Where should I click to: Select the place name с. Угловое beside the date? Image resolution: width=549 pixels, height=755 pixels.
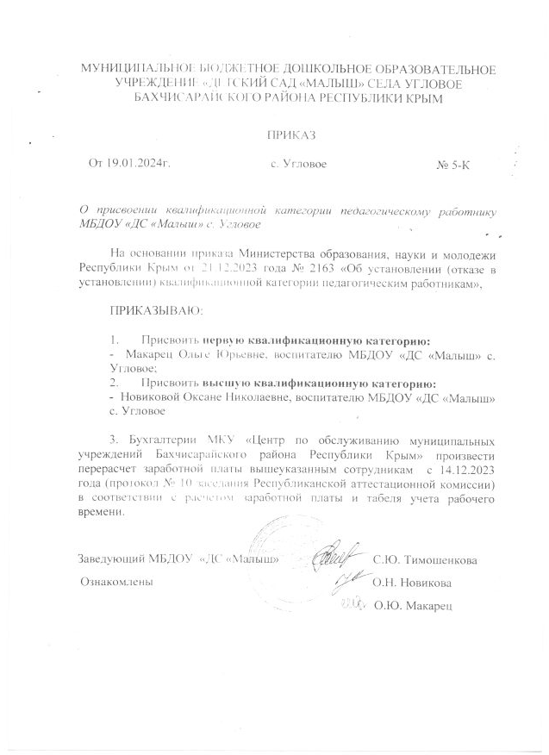point(298,164)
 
